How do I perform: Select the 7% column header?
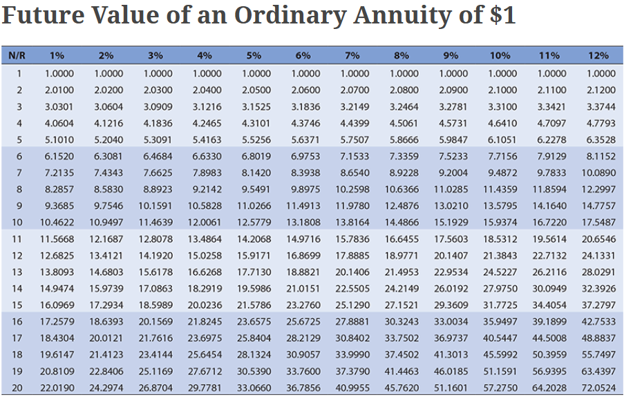coord(352,55)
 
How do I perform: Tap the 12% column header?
coord(598,55)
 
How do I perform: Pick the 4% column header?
coord(205,55)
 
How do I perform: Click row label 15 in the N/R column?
coord(17,305)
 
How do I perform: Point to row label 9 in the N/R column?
coord(19,205)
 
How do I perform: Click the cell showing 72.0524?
coord(598,388)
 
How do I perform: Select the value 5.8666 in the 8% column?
coord(404,139)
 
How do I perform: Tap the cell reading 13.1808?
coord(303,222)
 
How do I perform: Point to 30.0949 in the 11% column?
coord(549,289)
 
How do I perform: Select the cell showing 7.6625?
coord(158,173)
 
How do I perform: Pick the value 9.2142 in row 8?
coord(207,189)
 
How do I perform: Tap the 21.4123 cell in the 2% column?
coord(106,355)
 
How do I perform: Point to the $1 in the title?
coord(500,15)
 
